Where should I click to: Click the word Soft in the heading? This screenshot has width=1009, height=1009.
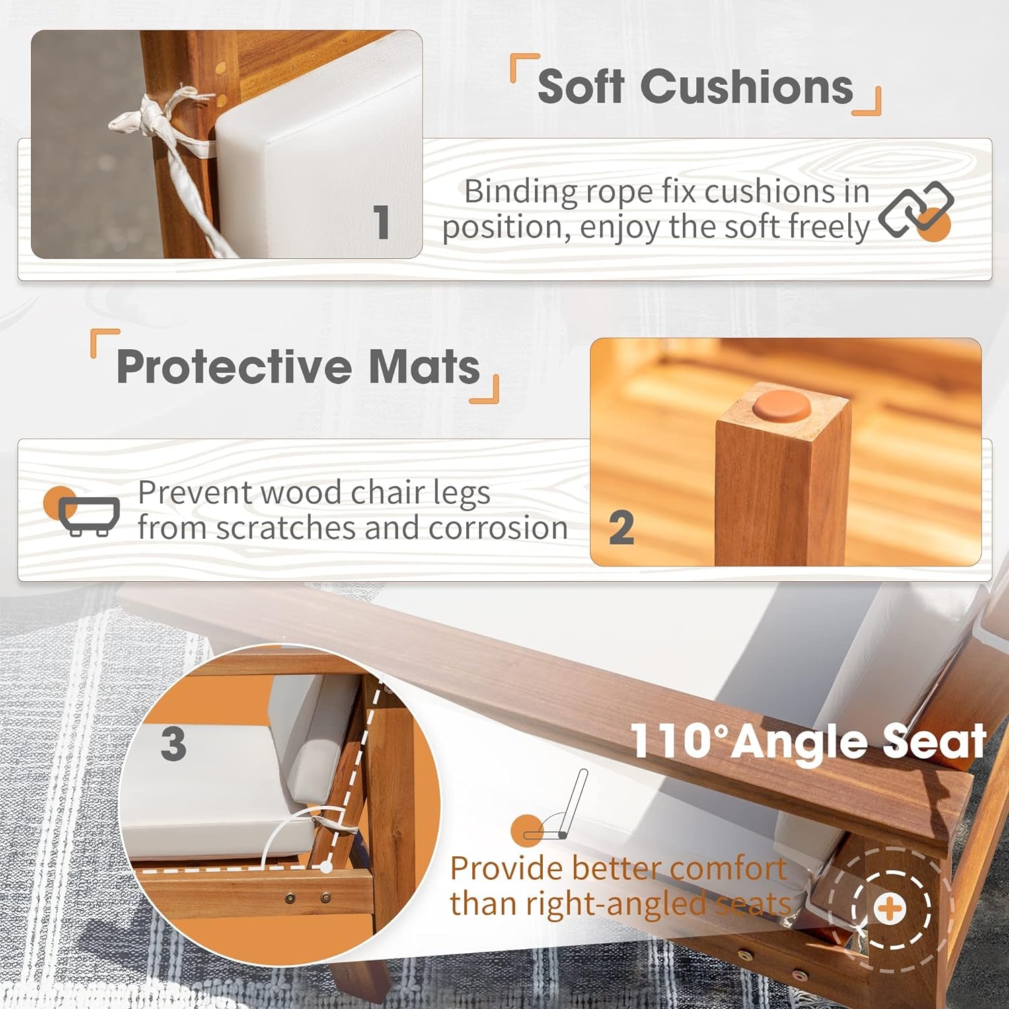click(581, 87)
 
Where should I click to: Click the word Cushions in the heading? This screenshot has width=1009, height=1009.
click(747, 87)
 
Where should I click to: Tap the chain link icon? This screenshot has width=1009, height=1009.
click(916, 210)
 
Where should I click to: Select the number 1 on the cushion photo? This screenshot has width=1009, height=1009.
click(381, 221)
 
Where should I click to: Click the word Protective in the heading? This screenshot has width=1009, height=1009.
click(234, 367)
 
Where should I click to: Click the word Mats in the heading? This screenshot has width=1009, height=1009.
click(424, 367)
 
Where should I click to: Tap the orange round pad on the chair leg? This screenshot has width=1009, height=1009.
click(782, 406)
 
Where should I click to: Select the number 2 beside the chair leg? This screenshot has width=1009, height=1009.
click(621, 528)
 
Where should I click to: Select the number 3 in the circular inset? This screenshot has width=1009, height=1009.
click(174, 744)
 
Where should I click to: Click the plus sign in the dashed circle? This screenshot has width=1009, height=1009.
click(889, 909)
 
